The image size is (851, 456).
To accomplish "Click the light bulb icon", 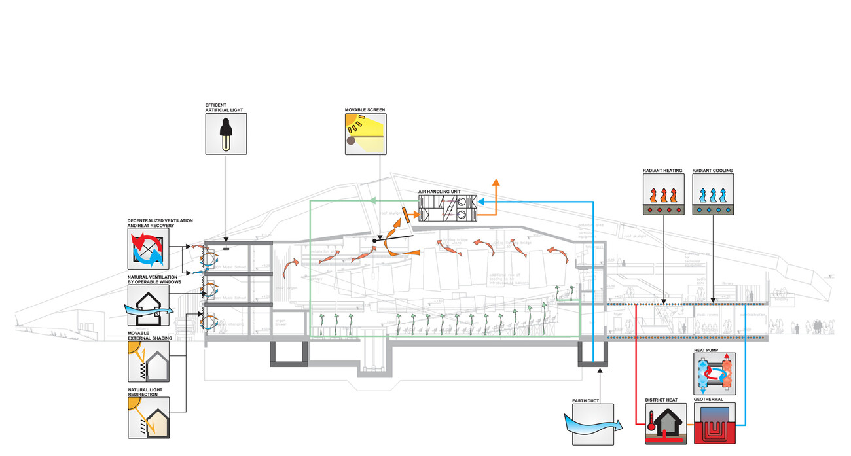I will click(226, 134).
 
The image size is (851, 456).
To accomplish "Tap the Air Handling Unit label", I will click(444, 192).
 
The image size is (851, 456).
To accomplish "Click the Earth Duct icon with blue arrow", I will click(592, 425).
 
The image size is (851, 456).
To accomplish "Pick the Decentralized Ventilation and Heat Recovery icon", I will click(148, 249).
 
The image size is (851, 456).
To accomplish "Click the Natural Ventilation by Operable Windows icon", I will click(148, 305).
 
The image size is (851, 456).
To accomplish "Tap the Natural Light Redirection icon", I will click(148, 417).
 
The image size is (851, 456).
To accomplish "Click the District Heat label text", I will click(661, 398).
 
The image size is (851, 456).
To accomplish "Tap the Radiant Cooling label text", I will click(712, 171).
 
